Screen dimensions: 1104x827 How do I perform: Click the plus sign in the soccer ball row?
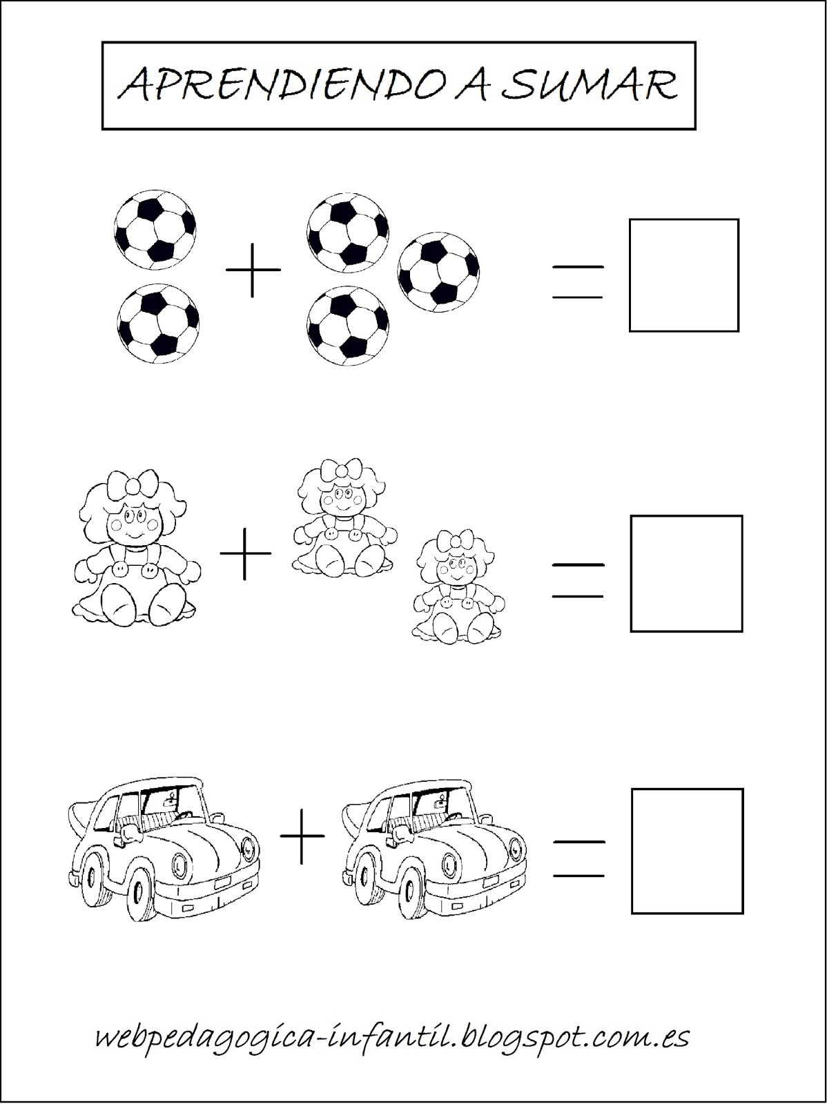(253, 269)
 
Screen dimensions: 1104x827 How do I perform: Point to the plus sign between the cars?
(302, 836)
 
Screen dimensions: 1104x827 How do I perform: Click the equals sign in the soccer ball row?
(577, 282)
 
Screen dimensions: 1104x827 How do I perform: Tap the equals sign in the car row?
(579, 859)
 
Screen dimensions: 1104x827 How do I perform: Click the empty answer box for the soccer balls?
(683, 275)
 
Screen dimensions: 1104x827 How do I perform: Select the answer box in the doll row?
(686, 573)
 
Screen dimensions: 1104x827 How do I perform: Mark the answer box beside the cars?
(688, 851)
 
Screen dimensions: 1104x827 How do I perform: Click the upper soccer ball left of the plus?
(155, 230)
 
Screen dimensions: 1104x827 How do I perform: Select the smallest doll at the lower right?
(458, 586)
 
